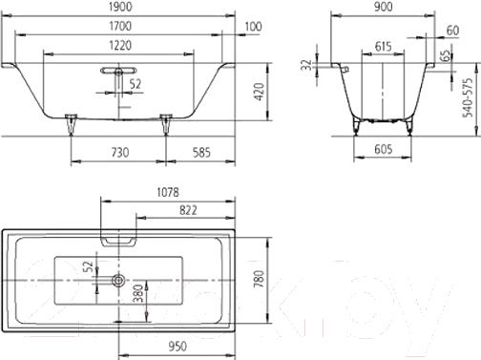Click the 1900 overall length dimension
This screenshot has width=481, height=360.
pyautogui.click(x=120, y=7)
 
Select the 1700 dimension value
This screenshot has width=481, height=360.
pyautogui.click(x=120, y=26)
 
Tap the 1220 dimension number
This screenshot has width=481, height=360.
pyautogui.click(x=120, y=46)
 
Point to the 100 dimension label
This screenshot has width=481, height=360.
pyautogui.click(x=253, y=27)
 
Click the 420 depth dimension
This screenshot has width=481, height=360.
pyautogui.click(x=260, y=92)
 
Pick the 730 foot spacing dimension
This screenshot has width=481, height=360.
pyautogui.click(x=120, y=153)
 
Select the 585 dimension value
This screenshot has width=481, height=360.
pyautogui.click(x=201, y=153)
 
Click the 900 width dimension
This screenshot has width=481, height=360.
pyautogui.click(x=384, y=7)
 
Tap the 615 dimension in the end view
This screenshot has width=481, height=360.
pyautogui.click(x=383, y=47)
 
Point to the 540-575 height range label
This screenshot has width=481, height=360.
pyautogui.click(x=468, y=97)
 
